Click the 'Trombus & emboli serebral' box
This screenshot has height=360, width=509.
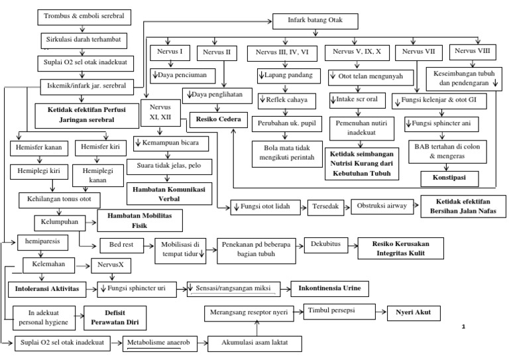[x=83, y=15]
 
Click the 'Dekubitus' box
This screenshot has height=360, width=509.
[x=325, y=245]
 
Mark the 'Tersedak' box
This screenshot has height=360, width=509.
[x=326, y=206]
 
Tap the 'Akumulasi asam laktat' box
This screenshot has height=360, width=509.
[x=254, y=343]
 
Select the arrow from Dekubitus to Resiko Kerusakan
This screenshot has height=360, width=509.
[x=352, y=245]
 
